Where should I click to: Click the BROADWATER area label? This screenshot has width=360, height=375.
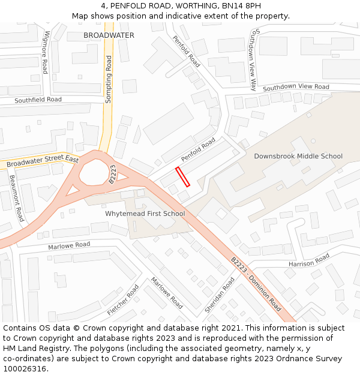pyautogui.click(x=109, y=35)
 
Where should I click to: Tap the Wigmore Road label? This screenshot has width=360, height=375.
pyautogui.click(x=45, y=52)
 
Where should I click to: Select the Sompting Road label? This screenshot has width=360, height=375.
pyautogui.click(x=109, y=79)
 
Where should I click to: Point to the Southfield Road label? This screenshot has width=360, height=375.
pyautogui.click(x=38, y=100)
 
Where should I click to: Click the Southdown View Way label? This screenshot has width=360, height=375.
pyautogui.click(x=254, y=59)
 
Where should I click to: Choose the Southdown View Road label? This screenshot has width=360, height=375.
pyautogui.click(x=296, y=87)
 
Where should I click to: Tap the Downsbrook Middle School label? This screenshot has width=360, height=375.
pyautogui.click(x=298, y=156)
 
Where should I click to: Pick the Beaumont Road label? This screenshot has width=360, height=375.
pyautogui.click(x=17, y=198)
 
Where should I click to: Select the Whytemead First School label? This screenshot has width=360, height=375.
pyautogui.click(x=145, y=213)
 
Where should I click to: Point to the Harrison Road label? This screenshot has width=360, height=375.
pyautogui.click(x=309, y=260)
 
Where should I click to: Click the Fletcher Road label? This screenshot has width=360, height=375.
pyautogui.click(x=123, y=300)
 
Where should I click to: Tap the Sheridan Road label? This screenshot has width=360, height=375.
pyautogui.click(x=220, y=295)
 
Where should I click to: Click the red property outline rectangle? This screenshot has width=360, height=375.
pyautogui.click(x=182, y=177)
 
